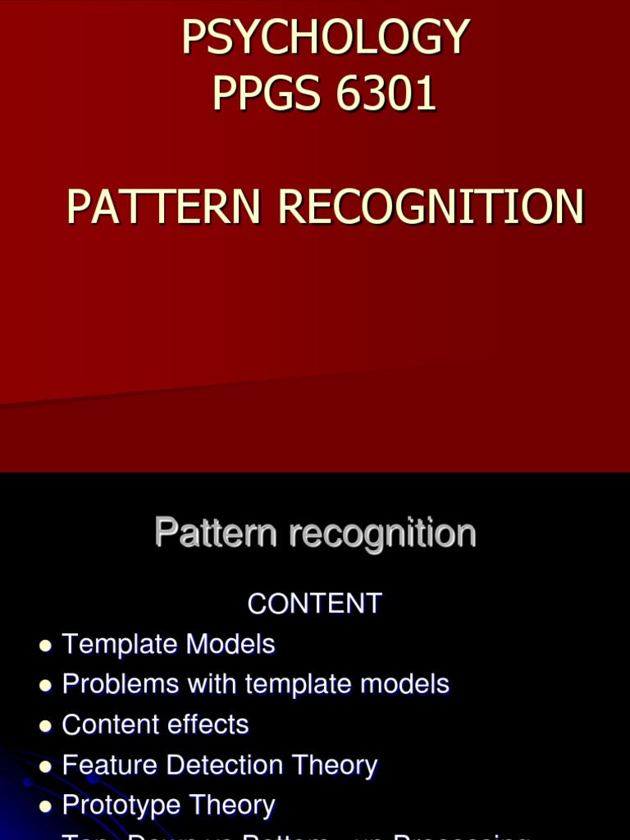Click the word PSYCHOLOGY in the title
click(326, 37)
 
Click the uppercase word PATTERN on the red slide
click(165, 207)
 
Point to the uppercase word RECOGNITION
click(431, 207)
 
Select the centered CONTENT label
click(315, 604)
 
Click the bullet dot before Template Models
click(45, 646)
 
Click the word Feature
click(111, 765)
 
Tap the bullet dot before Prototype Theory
click(45, 806)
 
